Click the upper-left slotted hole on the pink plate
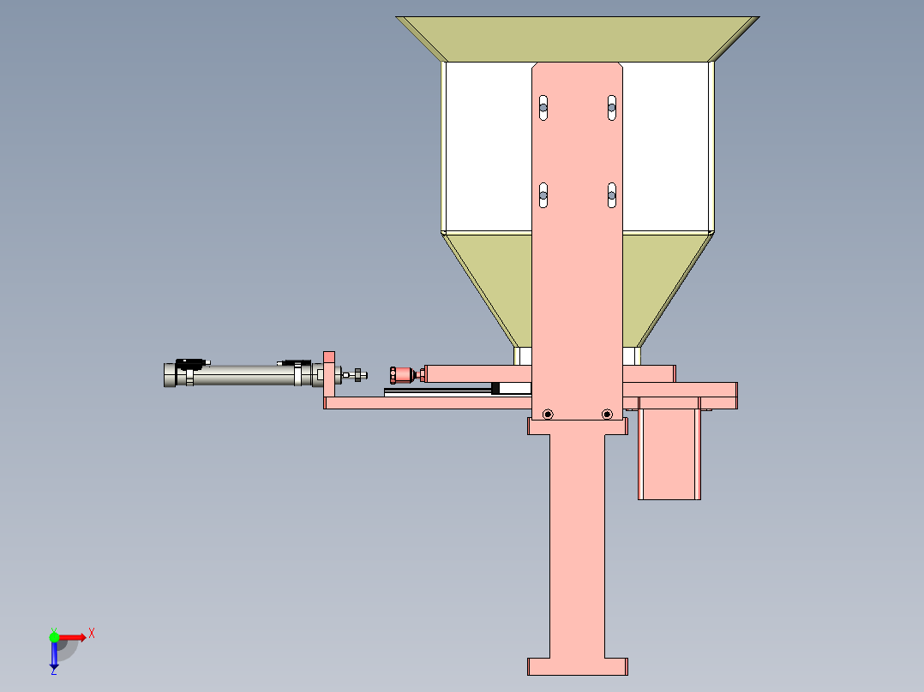543,108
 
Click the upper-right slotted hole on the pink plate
612,108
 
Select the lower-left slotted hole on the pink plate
543,195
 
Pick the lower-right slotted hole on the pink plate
612,195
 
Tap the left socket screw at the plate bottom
548,415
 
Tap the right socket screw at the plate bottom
607,415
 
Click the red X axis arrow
73,637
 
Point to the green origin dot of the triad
54,637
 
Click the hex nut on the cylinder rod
357,374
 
